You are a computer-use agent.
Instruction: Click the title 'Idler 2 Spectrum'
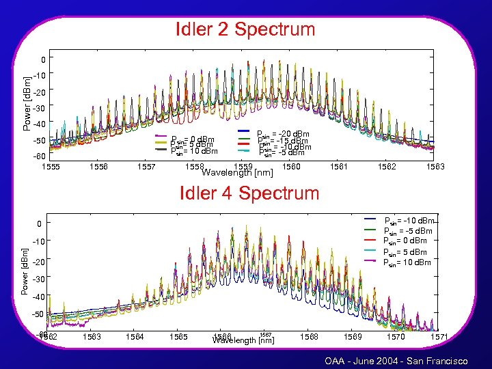[245, 29]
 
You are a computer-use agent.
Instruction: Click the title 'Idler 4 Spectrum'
[249, 193]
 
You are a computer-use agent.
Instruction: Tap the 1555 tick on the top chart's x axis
[52, 166]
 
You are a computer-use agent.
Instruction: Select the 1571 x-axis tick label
[439, 336]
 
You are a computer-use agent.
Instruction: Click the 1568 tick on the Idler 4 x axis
[308, 336]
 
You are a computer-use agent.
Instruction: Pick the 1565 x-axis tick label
[178, 336]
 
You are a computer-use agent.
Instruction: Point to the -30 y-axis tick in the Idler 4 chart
[38, 279]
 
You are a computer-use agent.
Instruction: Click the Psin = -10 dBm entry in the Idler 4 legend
[409, 221]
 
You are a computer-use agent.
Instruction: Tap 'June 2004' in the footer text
[374, 360]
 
